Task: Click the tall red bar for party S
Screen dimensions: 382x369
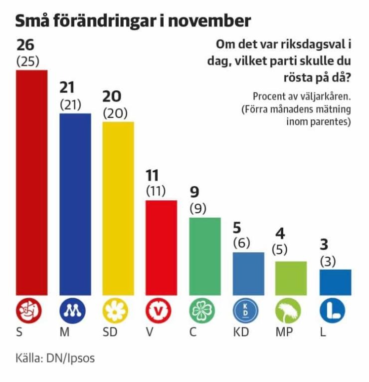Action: pos(32,182)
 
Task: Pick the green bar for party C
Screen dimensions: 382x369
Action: pos(204,256)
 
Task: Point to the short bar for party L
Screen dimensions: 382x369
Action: pos(335,282)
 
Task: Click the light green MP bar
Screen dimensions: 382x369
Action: pos(291,278)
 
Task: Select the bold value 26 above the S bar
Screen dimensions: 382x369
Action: pos(25,45)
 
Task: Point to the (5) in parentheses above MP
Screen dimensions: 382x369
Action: pos(280,250)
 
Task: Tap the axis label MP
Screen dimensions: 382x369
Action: pos(283,333)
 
